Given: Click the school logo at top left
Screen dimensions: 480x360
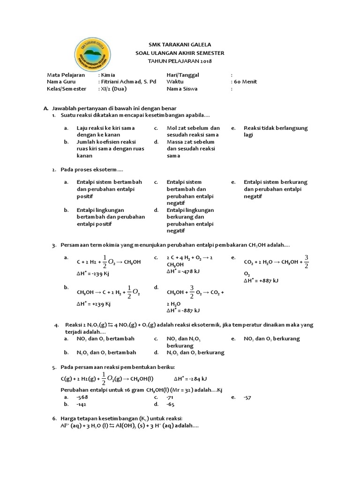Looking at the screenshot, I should click(x=99, y=56).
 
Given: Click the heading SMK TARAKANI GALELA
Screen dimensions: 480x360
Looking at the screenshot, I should click(x=180, y=45).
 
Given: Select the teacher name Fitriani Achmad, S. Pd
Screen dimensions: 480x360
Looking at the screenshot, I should click(x=128, y=82).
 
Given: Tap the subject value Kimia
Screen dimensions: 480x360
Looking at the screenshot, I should click(x=107, y=75).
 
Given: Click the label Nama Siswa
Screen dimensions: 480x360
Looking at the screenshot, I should click(x=182, y=89).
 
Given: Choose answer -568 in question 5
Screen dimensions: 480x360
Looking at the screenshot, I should click(x=82, y=397).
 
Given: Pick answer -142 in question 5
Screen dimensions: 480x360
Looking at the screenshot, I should click(x=82, y=404).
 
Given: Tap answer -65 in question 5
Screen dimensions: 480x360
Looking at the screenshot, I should click(x=171, y=404).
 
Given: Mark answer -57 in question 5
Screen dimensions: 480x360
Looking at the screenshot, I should click(x=247, y=397).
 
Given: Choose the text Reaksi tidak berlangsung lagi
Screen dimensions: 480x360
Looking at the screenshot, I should click(x=275, y=131).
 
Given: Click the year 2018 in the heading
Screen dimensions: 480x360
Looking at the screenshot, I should click(x=205, y=61).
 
